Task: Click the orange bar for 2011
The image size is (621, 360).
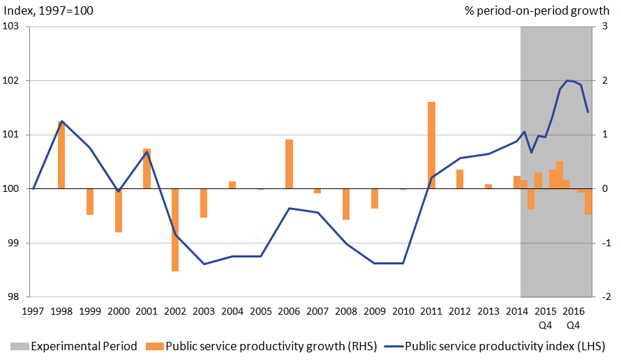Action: [x=431, y=145]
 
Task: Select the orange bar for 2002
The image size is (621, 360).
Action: [x=175, y=230]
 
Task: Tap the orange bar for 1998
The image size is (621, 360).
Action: [x=61, y=155]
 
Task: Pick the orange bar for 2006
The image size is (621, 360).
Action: [x=289, y=164]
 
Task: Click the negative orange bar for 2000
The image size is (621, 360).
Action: [x=119, y=210]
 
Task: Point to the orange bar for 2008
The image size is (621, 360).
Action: [x=346, y=204]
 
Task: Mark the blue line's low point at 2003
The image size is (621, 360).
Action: [x=204, y=264]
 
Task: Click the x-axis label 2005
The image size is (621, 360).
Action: [x=261, y=310]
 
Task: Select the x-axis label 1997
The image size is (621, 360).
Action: [x=33, y=310]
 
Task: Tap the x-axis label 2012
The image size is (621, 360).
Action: [x=460, y=310]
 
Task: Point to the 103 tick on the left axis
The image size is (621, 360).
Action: [x=13, y=27]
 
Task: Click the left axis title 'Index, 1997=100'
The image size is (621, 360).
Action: [x=47, y=10]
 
